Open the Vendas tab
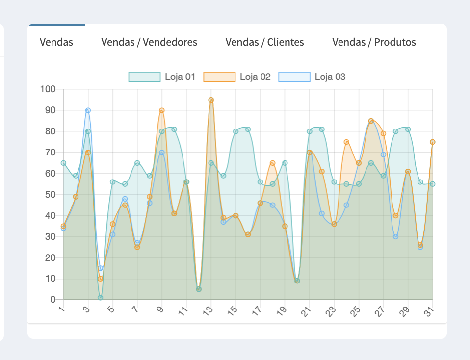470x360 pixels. [56, 42]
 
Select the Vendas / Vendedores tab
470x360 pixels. [149, 42]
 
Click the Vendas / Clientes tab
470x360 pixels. [264, 42]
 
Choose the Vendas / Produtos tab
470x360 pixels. [374, 42]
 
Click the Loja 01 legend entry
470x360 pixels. [162, 77]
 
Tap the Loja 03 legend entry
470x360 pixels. [312, 77]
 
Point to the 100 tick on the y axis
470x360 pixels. [49, 89]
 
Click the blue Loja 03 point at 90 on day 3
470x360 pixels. [88, 110]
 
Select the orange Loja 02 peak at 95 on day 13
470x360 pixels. [211, 100]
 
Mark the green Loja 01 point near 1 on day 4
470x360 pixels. [100, 298]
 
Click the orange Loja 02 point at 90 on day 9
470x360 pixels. [162, 110]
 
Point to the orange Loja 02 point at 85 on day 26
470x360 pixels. [371, 121]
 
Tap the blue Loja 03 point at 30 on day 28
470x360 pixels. [395, 236]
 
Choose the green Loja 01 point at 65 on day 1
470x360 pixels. [63, 163]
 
